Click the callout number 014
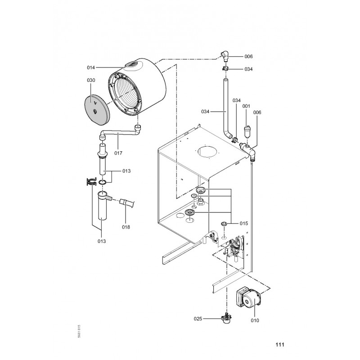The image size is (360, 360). point(91,67)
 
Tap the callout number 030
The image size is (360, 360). point(91,81)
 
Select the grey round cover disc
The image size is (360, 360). point(97,109)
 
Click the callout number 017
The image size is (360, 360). point(118,153)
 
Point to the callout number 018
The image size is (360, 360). point(126,227)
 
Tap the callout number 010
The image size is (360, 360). point(255,320)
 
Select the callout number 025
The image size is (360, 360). point(198,319)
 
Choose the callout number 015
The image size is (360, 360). point(244,223)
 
